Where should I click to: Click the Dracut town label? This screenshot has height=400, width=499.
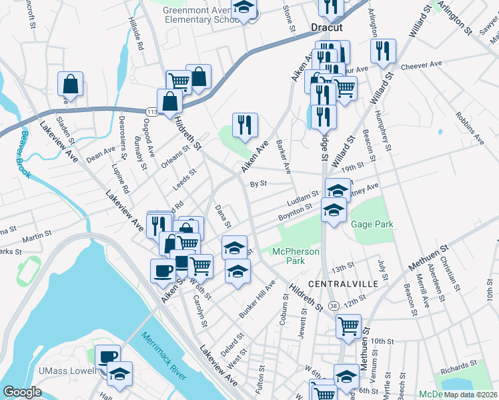click(x=326, y=27)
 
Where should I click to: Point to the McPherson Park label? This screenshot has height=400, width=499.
click(x=296, y=256)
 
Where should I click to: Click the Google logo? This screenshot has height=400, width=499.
click(x=23, y=392)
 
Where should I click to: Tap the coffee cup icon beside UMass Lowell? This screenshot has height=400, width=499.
click(x=107, y=357)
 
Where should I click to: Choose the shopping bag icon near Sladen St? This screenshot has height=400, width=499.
click(x=70, y=85)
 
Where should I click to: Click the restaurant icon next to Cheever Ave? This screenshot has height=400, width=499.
click(x=383, y=51)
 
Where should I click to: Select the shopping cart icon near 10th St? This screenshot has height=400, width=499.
click(x=349, y=327)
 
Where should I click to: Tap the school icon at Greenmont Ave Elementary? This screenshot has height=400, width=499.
click(x=244, y=8)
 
